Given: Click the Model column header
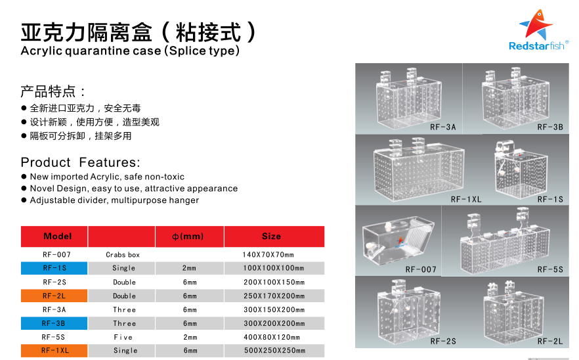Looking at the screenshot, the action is (x=58, y=236).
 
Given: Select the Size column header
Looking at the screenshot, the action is (x=271, y=236).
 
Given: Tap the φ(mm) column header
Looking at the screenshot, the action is (x=188, y=236).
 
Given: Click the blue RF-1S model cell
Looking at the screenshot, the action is (x=54, y=268).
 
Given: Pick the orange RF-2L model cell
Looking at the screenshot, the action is (x=54, y=296).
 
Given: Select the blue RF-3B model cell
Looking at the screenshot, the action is (x=54, y=323).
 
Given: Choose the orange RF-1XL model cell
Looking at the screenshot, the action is (x=54, y=350).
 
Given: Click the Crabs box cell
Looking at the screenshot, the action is (x=123, y=255).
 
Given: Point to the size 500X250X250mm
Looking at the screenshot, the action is (x=274, y=350).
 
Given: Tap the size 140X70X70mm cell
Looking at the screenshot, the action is (x=268, y=255).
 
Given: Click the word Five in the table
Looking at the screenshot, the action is (x=123, y=337).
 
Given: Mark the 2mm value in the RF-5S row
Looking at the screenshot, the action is (x=190, y=337).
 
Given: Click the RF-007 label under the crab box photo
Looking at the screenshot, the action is (x=421, y=269).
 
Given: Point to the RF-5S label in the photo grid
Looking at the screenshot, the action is (x=550, y=269).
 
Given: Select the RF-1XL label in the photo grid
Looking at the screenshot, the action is (x=466, y=200).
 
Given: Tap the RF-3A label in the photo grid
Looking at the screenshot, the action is (x=443, y=127).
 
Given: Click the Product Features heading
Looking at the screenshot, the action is (x=81, y=162).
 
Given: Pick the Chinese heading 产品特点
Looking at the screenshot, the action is (x=48, y=91).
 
